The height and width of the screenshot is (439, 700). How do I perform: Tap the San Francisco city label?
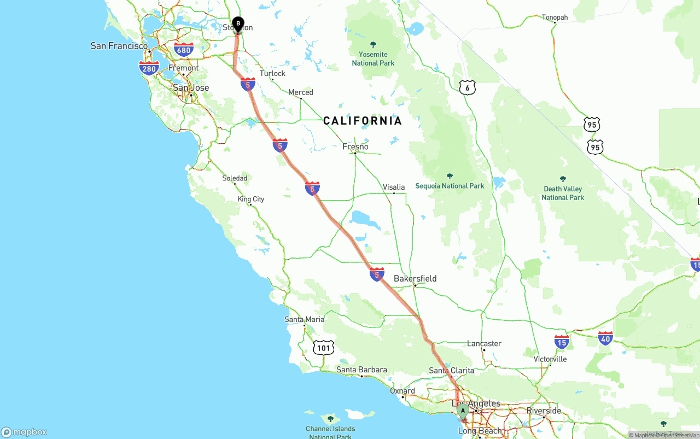[119, 46]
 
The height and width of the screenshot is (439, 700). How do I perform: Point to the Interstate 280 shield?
[149, 68]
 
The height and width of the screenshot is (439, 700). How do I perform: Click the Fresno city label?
[355, 147]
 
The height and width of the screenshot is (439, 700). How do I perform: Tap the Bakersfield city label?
[415, 278]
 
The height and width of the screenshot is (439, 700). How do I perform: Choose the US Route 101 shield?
[324, 347]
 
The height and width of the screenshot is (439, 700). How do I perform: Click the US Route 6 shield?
[467, 87]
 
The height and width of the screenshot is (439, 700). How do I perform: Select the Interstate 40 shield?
[605, 338]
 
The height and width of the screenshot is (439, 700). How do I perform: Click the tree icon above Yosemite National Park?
[374, 44]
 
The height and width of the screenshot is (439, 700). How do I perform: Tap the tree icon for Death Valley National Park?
[563, 179]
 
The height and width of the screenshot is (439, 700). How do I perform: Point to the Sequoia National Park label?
[450, 186]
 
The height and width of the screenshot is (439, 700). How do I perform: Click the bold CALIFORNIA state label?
[363, 121]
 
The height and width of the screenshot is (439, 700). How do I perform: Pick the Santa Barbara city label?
[361, 370]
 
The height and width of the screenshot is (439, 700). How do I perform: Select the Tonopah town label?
[555, 17]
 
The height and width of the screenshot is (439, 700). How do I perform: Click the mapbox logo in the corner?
[24, 432]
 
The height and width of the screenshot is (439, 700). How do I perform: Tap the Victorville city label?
[550, 359]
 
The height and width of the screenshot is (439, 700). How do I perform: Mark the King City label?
[251, 199]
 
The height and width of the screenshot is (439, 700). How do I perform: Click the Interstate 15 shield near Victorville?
[562, 342]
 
